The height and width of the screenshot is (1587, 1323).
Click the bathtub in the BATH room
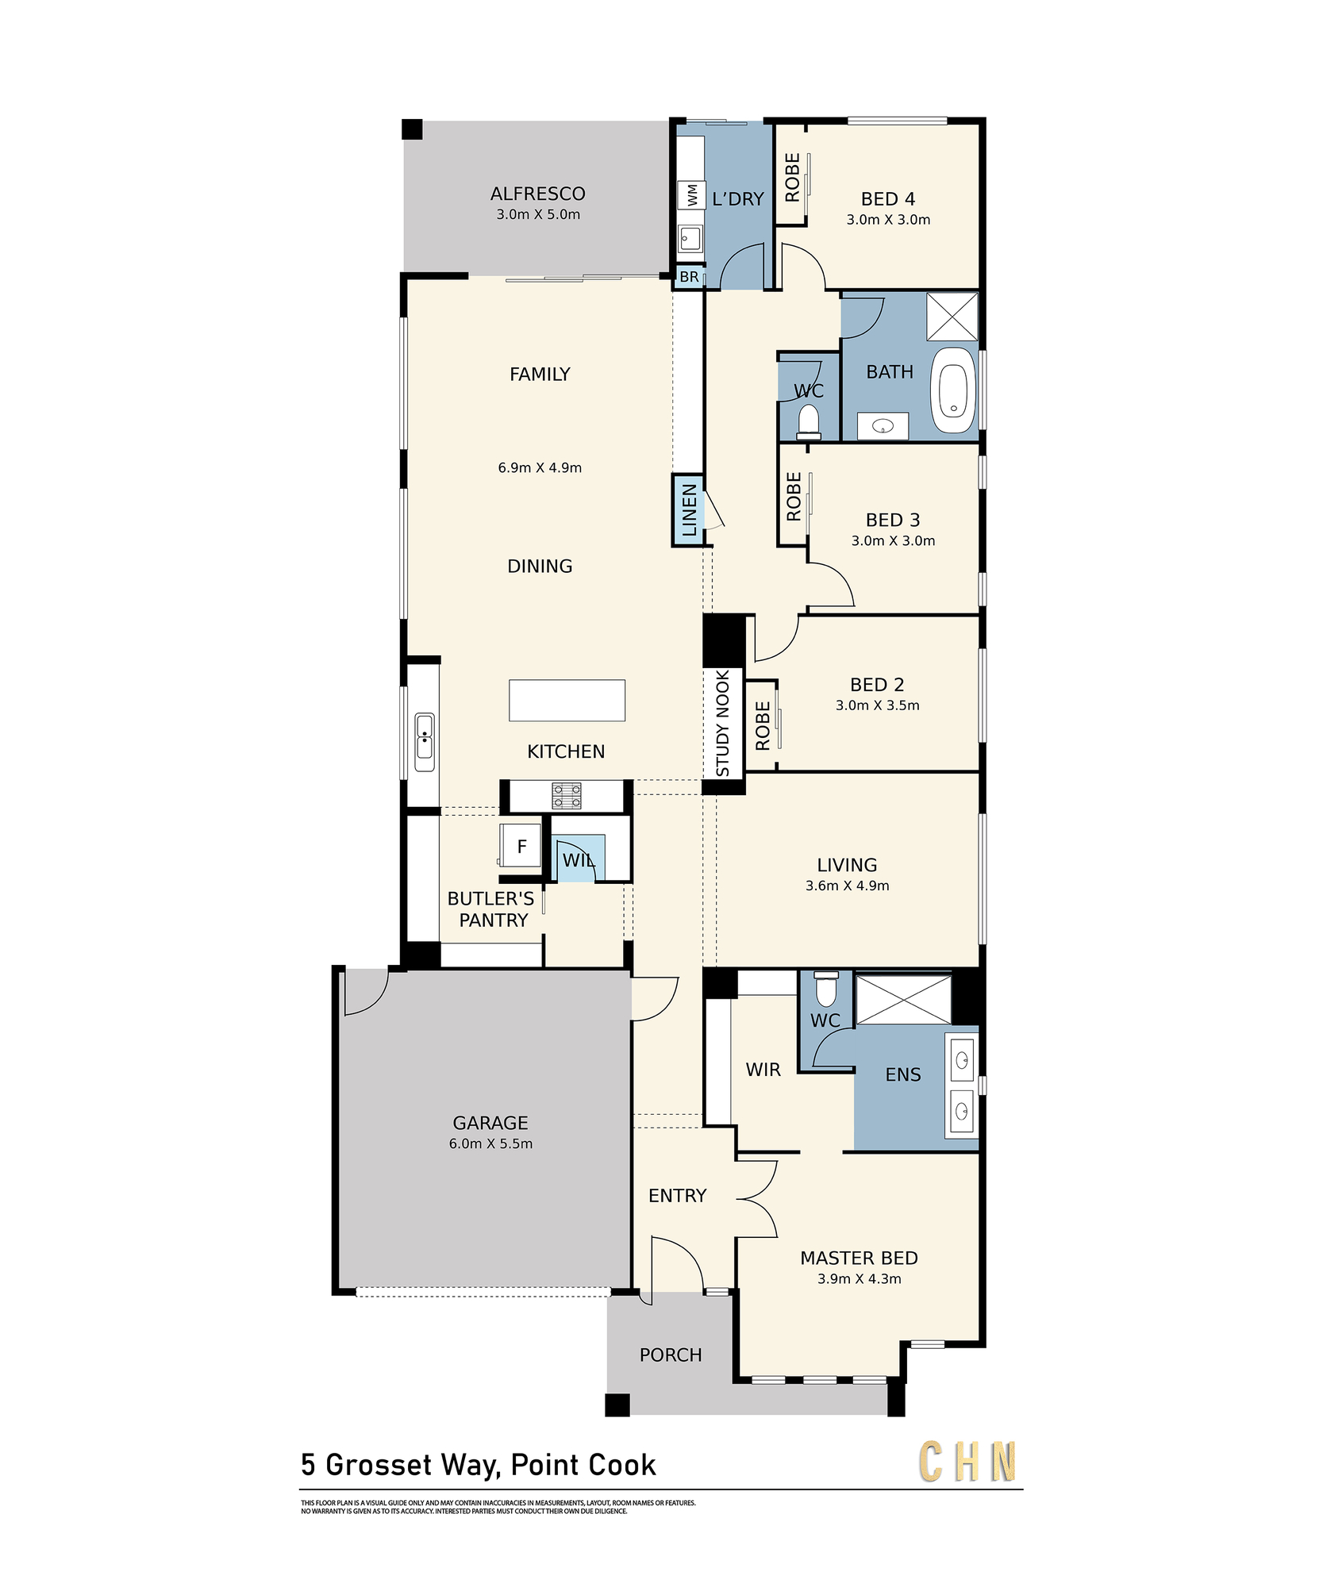(x=954, y=390)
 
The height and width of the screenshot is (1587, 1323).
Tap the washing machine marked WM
(x=691, y=194)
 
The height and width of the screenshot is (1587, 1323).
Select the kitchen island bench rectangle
(x=567, y=700)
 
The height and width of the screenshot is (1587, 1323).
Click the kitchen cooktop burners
(x=567, y=796)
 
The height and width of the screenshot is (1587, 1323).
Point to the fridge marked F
(x=521, y=846)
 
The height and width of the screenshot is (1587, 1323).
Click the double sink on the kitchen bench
(x=425, y=742)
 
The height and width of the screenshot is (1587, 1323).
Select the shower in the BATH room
(x=952, y=317)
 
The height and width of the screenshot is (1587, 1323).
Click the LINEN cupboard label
(x=689, y=510)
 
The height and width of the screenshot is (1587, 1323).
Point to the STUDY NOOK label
(x=722, y=723)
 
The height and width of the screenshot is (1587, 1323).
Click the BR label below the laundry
(x=689, y=277)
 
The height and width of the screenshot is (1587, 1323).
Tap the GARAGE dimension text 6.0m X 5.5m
(x=490, y=1143)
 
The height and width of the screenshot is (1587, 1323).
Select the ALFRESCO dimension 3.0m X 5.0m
(x=538, y=214)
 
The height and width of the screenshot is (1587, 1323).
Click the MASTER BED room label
(x=859, y=1258)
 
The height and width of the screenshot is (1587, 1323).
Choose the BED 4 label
(x=888, y=198)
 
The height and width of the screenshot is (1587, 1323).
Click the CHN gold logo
(x=967, y=1462)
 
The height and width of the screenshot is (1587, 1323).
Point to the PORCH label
(x=671, y=1355)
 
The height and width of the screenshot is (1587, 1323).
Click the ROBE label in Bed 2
(x=763, y=725)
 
